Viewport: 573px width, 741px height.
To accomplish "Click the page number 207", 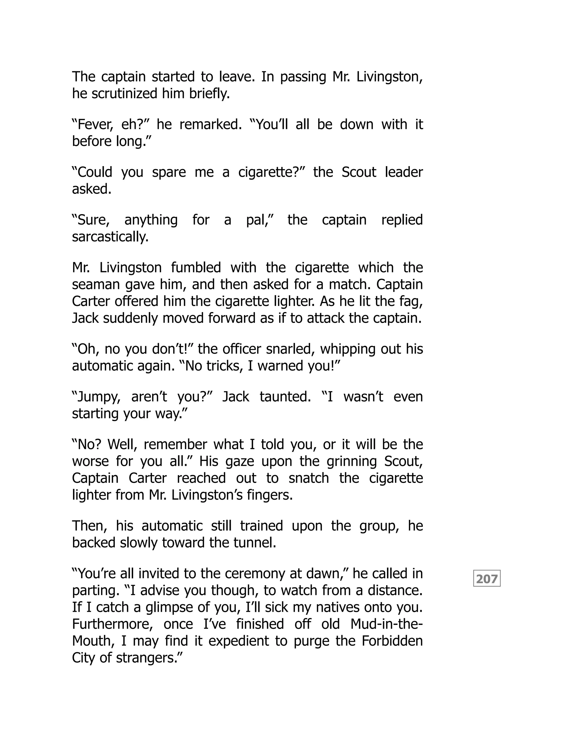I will [x=487, y=579].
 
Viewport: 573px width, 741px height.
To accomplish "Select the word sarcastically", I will [x=110, y=237].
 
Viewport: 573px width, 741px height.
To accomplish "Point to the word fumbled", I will [x=196, y=268].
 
